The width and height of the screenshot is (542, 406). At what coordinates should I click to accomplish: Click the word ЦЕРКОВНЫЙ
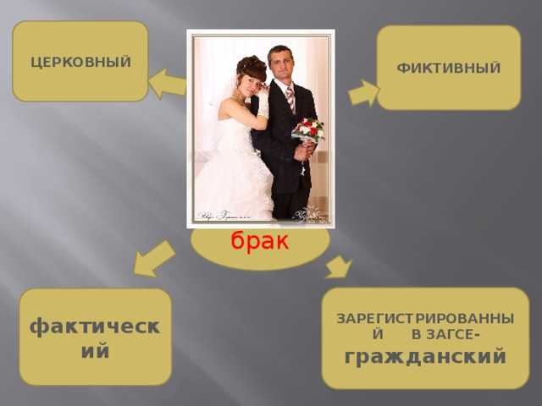point(81,63)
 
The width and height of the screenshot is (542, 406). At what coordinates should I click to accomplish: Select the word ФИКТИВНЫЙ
point(449,68)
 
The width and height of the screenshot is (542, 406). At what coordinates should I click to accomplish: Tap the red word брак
point(260,240)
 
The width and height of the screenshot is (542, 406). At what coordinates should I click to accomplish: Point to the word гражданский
point(425,357)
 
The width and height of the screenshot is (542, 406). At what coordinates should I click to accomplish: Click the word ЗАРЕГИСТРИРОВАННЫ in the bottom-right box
point(425,318)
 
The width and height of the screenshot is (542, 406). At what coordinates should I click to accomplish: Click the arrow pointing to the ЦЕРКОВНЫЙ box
point(168,84)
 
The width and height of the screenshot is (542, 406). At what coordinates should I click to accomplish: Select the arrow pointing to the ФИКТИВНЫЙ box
point(363,93)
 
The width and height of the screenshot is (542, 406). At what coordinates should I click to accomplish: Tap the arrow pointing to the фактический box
point(154,259)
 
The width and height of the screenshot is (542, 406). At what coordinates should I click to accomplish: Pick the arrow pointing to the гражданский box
point(339,267)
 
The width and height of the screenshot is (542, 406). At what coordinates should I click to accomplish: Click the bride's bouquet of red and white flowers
point(307,131)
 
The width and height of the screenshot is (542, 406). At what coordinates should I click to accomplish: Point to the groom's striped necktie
point(291,99)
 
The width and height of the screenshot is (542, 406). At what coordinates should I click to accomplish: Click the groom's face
point(281,66)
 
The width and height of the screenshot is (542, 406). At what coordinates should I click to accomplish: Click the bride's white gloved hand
point(263,102)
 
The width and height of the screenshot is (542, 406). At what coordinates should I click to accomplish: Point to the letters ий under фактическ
point(95,351)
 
